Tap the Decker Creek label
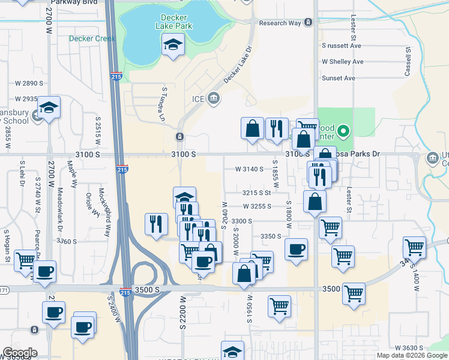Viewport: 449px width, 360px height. coord(92,38)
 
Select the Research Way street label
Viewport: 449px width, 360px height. coord(280,23)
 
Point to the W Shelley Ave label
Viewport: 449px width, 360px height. coord(343,61)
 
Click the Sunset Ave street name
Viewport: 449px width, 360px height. coord(339,78)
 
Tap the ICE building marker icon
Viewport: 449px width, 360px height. coord(214,99)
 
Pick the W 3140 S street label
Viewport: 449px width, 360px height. coord(250,169)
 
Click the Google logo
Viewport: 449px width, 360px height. coord(20,353)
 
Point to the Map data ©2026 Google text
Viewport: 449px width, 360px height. coord(412,355)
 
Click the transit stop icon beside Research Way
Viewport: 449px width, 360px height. coord(308,23)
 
